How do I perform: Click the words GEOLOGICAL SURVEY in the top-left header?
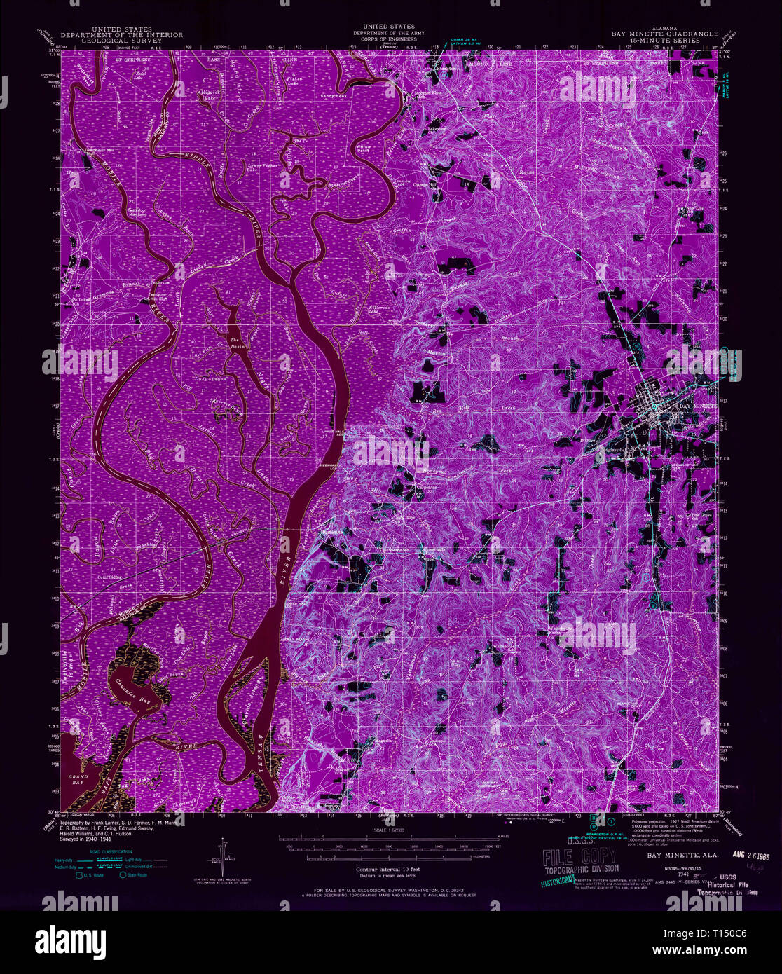point(122,41)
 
